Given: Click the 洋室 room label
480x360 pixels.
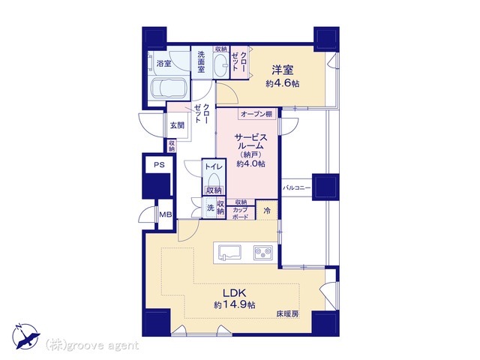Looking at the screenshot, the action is pos(283,70).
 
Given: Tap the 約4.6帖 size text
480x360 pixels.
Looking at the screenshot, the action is pos(283,83).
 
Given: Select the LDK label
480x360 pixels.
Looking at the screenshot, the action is pos(234,293).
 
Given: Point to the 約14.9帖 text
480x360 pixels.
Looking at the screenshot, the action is pos(235,305).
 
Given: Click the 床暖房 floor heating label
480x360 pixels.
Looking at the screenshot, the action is pos(288,313).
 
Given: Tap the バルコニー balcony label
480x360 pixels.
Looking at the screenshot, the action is pos(296,187).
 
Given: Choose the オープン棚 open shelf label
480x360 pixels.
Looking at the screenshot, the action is pos(256,115).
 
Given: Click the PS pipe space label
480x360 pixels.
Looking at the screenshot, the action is pos(159,165).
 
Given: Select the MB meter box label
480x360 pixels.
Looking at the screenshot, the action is pos(166,214).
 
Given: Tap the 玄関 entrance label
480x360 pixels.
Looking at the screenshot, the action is pos(177,125).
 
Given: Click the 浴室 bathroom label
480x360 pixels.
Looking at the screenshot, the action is pos(163,64).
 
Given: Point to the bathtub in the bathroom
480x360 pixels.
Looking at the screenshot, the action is pos(168,88).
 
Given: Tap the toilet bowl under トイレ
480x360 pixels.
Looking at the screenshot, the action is pos(214,180).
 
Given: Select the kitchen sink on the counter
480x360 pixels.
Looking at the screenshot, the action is pos(229,253).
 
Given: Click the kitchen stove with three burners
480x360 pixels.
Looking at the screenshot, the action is pos(263,253).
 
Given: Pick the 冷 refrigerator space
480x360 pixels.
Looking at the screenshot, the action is pos(267,210).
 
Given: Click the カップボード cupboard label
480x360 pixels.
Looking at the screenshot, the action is pos(240,213).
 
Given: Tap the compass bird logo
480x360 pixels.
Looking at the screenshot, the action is pos(26,337).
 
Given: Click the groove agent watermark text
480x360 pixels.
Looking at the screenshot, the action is pos(92,346).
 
